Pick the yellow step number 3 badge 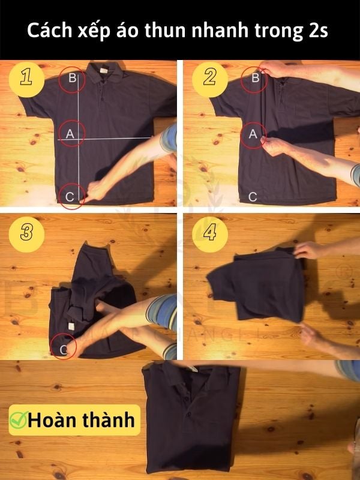26,233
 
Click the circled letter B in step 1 72,79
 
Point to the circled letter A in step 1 70,135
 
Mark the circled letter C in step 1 71,195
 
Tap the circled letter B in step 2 254,79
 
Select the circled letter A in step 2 253,135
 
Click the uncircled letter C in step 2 253,196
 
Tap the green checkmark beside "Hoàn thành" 18,420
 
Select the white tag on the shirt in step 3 70,326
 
